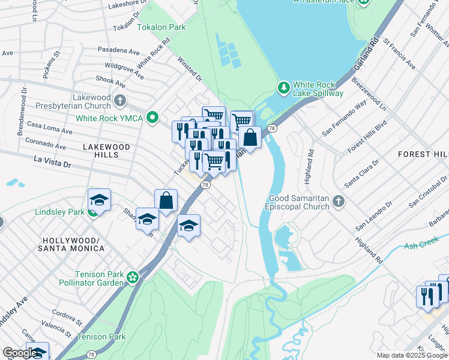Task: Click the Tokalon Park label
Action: point(161,27)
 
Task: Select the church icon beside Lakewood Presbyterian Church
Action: point(120,100)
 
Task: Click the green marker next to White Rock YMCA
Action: point(153,118)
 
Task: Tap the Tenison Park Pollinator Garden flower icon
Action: point(133,277)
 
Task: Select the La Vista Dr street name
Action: point(52,161)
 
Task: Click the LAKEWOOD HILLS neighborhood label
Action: point(106,151)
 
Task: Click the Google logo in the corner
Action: point(19,353)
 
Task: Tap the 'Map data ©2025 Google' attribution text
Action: point(412,355)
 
